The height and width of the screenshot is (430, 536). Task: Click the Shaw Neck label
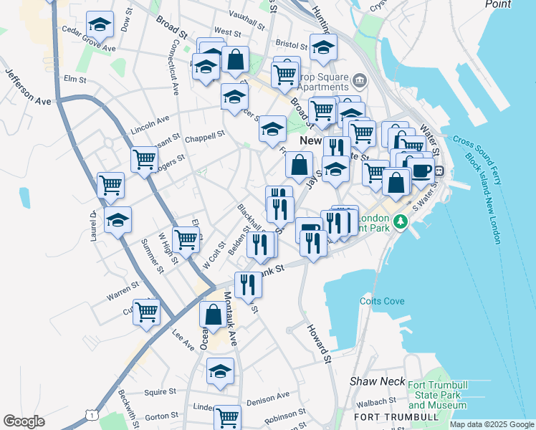(x=373, y=382)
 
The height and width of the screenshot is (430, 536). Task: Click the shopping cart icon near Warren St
(x=147, y=312)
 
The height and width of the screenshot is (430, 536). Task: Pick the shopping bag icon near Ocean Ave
(x=214, y=313)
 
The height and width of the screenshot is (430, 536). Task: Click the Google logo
(x=24, y=421)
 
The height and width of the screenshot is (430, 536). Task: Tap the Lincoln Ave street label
(x=150, y=124)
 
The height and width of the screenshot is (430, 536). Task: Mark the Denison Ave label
(x=269, y=395)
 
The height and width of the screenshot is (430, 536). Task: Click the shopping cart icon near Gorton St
(x=228, y=416)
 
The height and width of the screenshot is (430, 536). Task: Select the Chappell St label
(x=205, y=135)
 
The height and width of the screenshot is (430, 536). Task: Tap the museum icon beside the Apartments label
(x=359, y=78)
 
